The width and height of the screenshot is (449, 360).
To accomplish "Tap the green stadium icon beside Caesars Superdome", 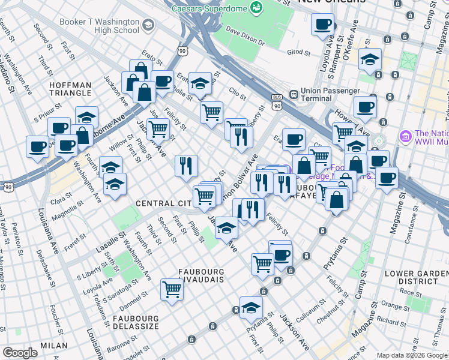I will [257, 7].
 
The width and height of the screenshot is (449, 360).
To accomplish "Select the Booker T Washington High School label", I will [100, 26].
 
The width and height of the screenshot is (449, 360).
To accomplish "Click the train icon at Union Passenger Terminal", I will [294, 95].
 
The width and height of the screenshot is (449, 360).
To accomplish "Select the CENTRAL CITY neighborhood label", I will [163, 204].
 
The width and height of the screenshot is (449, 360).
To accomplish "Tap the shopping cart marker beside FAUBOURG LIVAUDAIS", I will [172, 290].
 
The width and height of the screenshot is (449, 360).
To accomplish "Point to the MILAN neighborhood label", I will [54, 346].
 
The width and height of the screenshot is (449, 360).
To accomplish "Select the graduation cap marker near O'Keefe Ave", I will [370, 59].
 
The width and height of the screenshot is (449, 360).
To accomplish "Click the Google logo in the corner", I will [20, 353].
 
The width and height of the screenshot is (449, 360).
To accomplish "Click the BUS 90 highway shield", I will [277, 102].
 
